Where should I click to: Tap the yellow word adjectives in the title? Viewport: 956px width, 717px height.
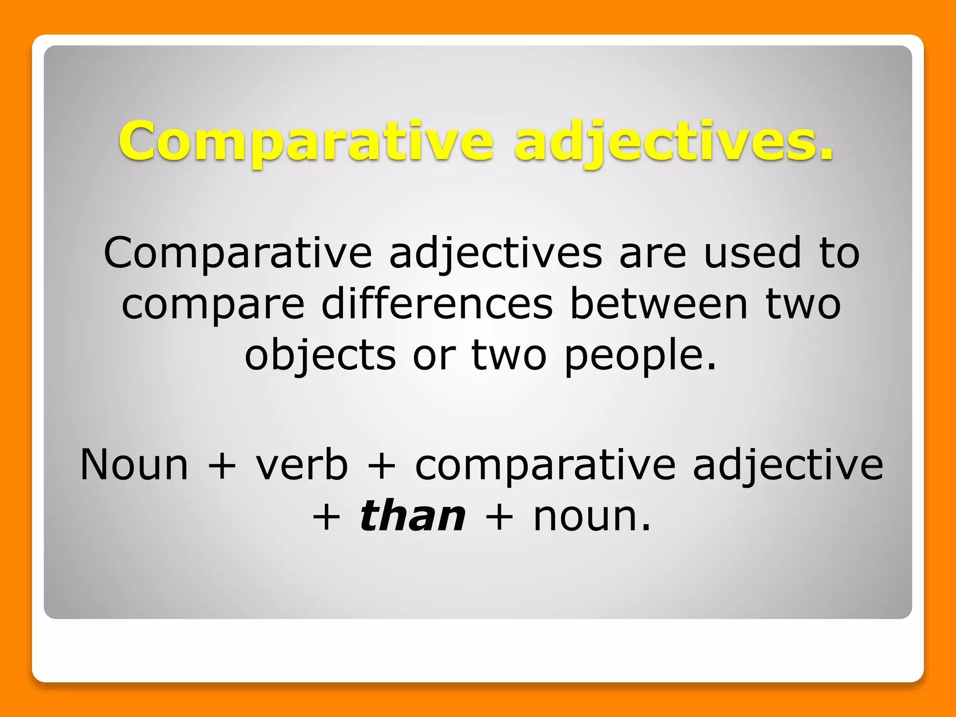pyautogui.click(x=674, y=141)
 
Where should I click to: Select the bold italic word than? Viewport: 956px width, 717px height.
pyautogui.click(x=413, y=516)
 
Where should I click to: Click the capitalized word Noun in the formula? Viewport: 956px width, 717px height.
pyautogui.click(x=134, y=464)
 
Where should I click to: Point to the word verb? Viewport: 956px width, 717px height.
pyautogui.click(x=302, y=464)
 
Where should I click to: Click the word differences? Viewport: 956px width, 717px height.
pyautogui.click(x=437, y=304)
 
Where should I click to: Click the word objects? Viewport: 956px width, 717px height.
pyautogui.click(x=321, y=356)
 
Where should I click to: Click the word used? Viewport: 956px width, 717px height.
pyautogui.click(x=752, y=253)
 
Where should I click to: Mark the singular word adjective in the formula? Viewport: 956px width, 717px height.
pyautogui.click(x=788, y=465)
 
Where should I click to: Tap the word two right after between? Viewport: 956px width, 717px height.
pyautogui.click(x=803, y=304)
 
